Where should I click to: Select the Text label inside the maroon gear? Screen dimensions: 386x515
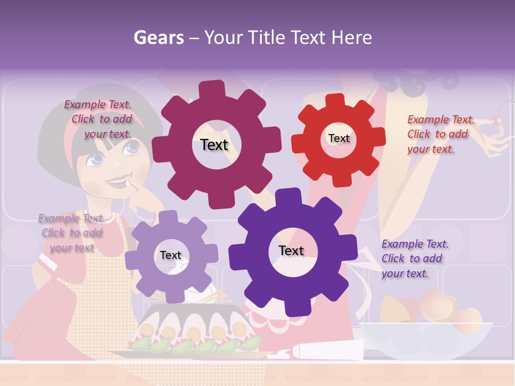(214, 145)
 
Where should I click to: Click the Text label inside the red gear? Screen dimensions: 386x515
(339, 138)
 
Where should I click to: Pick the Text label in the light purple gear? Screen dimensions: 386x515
(171, 255)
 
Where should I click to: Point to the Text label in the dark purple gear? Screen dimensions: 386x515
(291, 250)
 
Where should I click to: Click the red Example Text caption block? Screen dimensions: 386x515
(440, 134)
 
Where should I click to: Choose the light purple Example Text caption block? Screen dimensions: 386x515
(71, 233)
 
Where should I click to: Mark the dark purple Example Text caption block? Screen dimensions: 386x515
(414, 258)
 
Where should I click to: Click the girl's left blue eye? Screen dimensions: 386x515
(97, 158)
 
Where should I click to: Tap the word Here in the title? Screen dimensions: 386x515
(351, 38)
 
